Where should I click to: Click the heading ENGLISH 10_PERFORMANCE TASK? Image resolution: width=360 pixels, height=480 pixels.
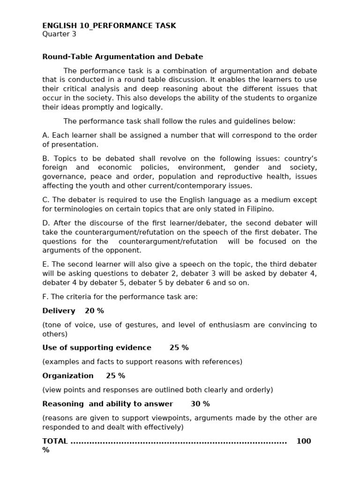[x=109, y=26]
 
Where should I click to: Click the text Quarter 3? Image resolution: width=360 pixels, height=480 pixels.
[x=59, y=34]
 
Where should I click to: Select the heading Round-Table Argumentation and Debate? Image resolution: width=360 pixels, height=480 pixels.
[x=123, y=57]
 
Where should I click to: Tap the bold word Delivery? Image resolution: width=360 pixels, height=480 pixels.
[x=59, y=311]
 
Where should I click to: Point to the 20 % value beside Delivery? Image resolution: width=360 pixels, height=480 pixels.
[x=94, y=311]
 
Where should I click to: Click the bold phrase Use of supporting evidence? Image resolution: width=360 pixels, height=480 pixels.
[x=97, y=348]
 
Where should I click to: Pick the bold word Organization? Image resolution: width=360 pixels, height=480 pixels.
[x=68, y=376]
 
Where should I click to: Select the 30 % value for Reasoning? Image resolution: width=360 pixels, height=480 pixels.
[x=200, y=404]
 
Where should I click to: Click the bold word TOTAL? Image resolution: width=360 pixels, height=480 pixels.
[x=55, y=442]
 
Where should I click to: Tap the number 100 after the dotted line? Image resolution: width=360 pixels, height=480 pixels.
[x=304, y=442]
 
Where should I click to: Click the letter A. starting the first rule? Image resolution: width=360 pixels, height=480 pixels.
[x=45, y=135]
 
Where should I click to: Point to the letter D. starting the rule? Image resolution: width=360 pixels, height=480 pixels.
[x=46, y=223]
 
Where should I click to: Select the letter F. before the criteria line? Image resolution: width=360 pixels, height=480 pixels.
[x=45, y=297]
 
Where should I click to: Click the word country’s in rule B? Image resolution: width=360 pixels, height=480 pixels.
[x=300, y=158]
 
